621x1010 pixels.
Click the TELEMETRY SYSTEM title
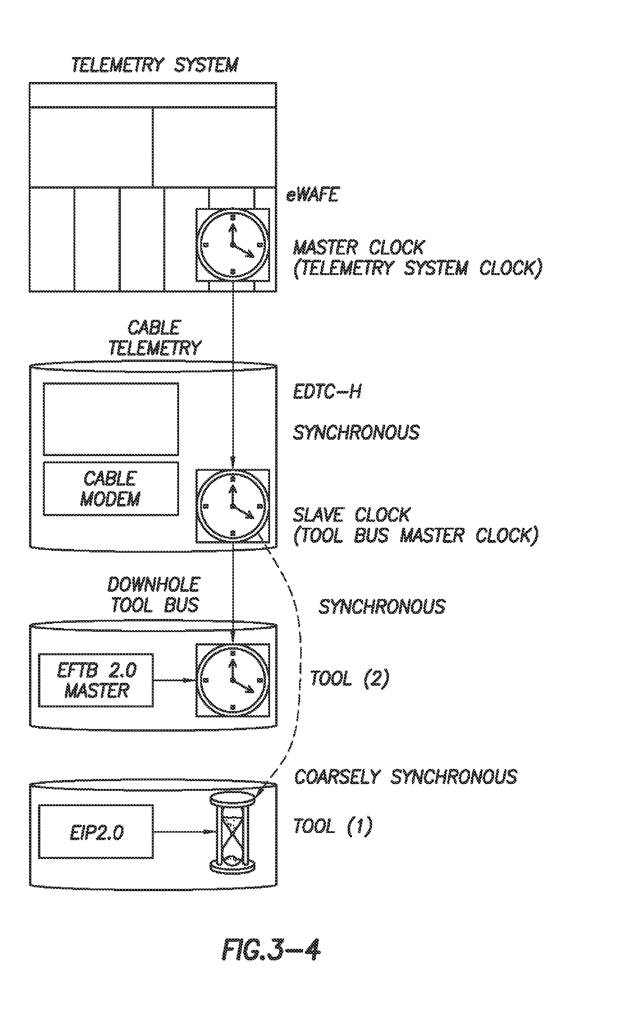[x=155, y=65]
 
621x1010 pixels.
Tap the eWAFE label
[x=312, y=195]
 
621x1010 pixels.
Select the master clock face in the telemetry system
[x=233, y=245]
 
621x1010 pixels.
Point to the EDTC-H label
[x=327, y=392]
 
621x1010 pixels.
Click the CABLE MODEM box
[x=111, y=488]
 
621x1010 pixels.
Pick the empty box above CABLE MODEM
[x=111, y=419]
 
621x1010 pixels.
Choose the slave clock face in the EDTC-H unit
[x=233, y=506]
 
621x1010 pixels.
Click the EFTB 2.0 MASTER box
[x=96, y=680]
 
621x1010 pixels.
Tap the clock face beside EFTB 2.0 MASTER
[x=233, y=680]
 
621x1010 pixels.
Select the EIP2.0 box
[x=96, y=831]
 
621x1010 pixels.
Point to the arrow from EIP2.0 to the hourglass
[x=183, y=831]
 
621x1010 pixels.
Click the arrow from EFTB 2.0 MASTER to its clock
[x=174, y=680]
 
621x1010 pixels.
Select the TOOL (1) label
[x=333, y=826]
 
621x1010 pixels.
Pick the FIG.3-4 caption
[x=271, y=950]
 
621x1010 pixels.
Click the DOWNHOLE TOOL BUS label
[x=154, y=595]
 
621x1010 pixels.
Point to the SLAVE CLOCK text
[x=352, y=515]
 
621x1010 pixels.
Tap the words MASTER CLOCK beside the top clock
[x=358, y=247]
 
